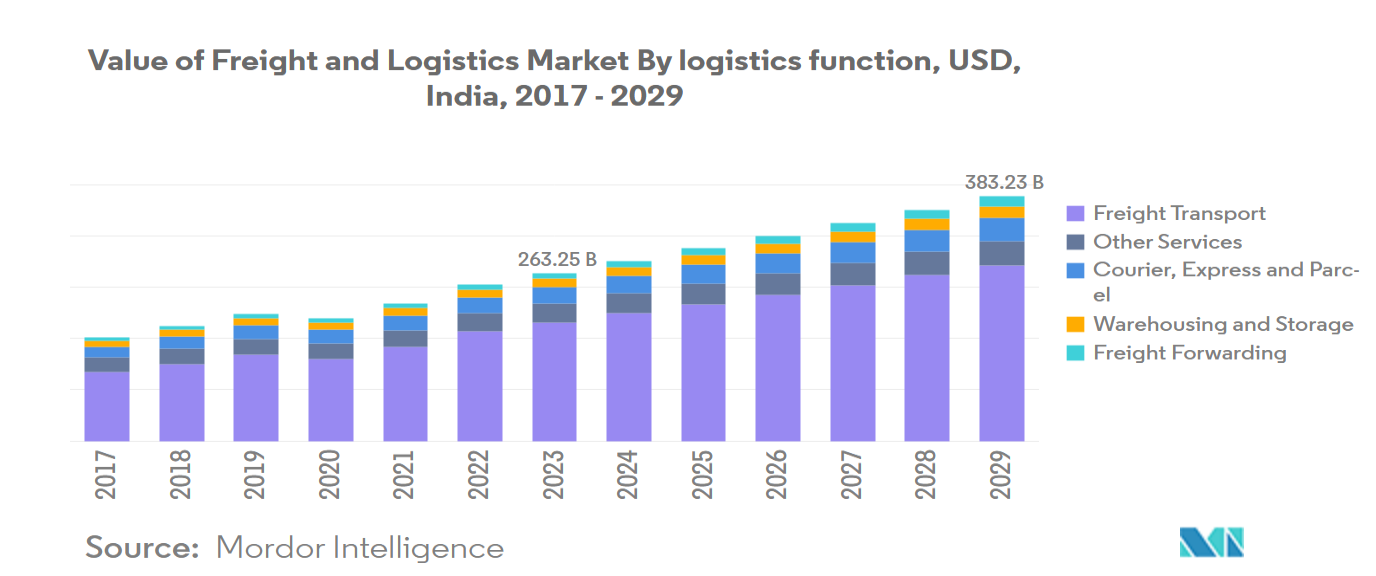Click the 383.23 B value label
coord(1003,183)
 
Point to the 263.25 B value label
coord(556,260)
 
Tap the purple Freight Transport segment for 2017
coord(107,406)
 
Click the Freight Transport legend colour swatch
coord(1076,213)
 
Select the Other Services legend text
coord(1167,242)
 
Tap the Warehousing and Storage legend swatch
coord(1076,324)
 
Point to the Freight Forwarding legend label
coord(1189,352)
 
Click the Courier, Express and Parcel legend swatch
coord(1076,270)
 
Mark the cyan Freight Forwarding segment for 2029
coord(1002,202)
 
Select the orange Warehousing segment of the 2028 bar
coord(927,224)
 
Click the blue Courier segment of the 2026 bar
coord(778,264)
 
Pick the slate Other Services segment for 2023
coord(555,312)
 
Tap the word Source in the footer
coord(142,548)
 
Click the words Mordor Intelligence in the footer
coord(360,548)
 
